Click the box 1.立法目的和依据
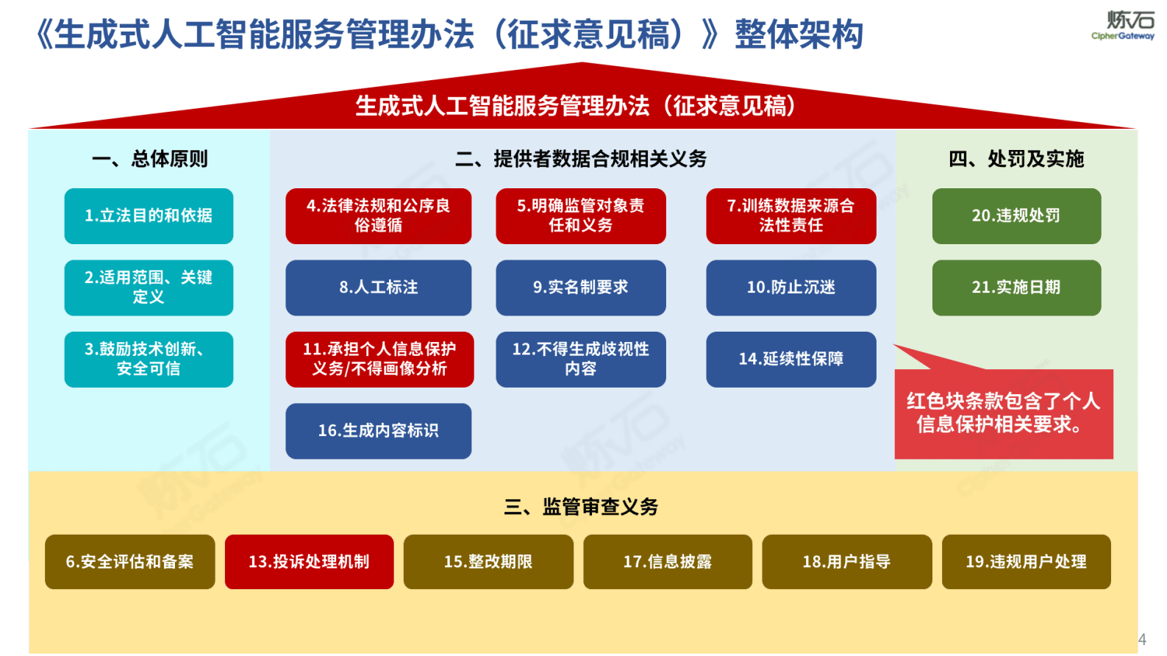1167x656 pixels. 149,216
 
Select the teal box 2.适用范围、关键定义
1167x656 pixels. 149,288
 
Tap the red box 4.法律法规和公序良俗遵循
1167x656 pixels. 378,216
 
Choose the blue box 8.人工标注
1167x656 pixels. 378,288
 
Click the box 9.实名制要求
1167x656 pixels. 580,288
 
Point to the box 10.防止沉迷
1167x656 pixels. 791,288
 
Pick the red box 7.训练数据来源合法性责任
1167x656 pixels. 791,216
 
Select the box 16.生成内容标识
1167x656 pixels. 378,431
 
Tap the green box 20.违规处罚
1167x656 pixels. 1016,216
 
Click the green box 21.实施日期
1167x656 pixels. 1016,288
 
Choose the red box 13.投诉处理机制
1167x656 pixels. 309,562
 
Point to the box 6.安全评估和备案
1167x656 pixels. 129,562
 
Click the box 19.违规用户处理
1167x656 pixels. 1026,562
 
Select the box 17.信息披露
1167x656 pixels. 667,562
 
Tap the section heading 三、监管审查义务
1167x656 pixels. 581,507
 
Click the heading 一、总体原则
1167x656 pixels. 149,159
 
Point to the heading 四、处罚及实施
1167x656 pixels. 1016,159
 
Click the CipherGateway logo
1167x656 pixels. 1123,25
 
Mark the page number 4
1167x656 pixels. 1142,640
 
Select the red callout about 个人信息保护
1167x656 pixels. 1004,413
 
